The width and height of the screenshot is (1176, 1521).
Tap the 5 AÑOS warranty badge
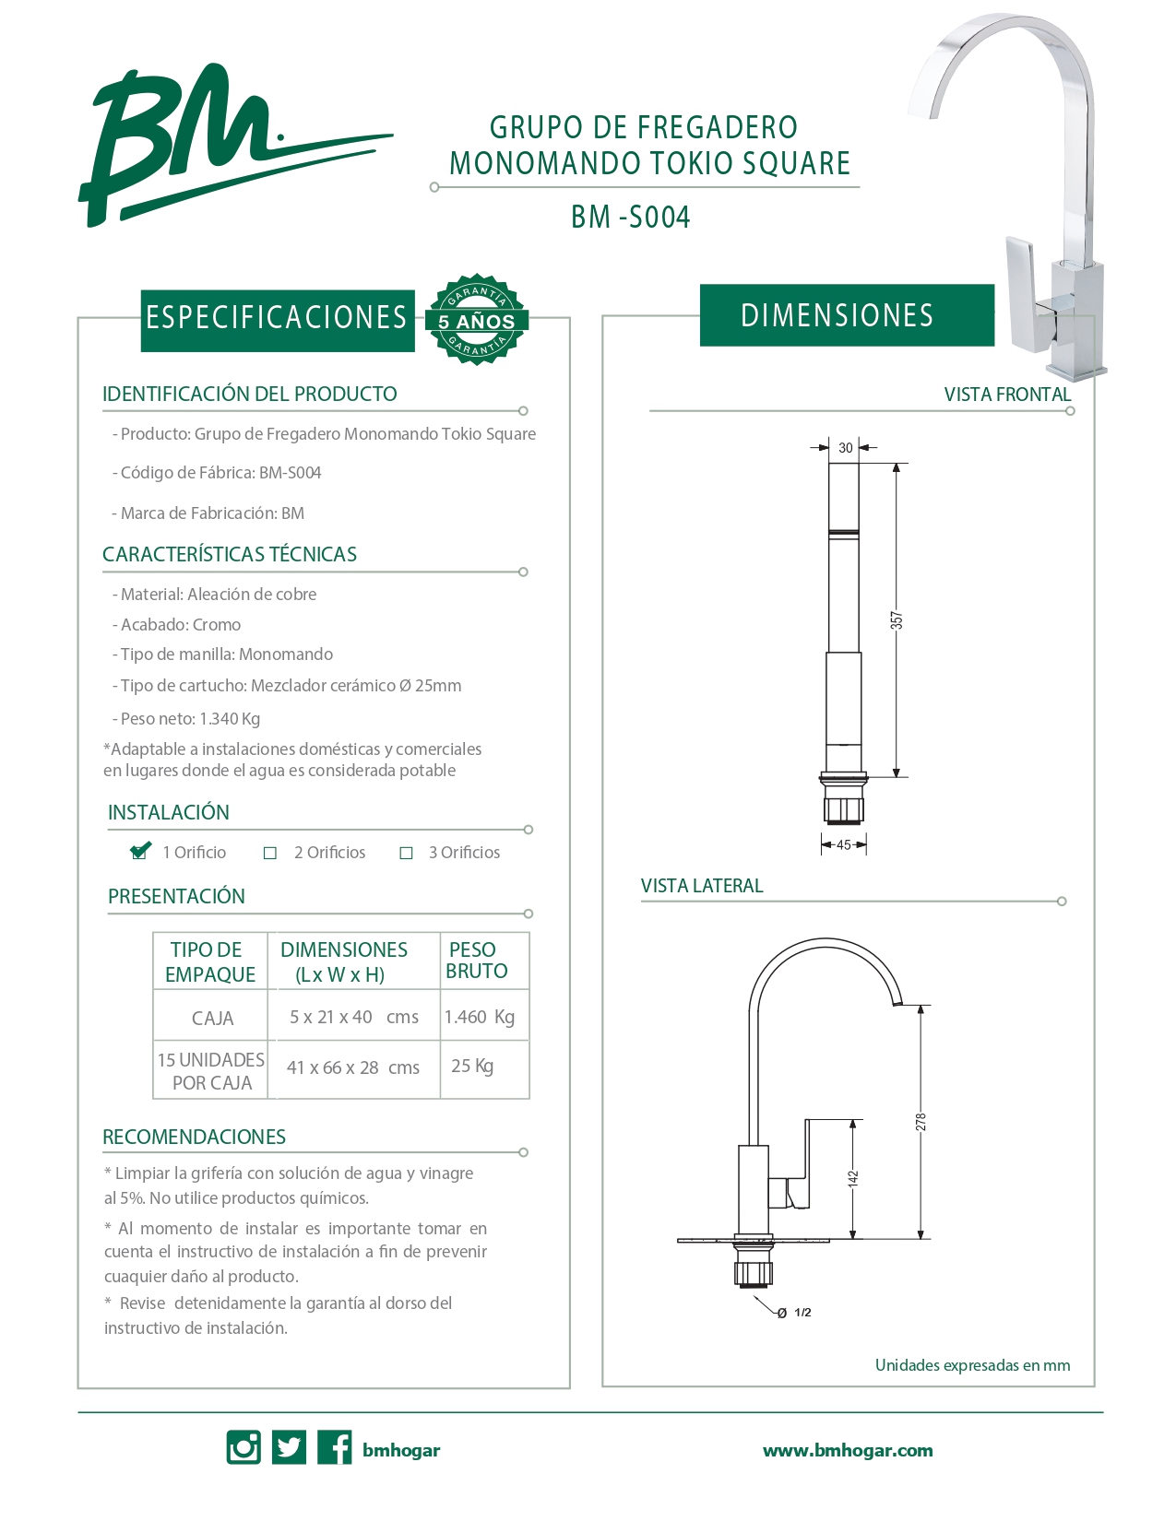pos(476,320)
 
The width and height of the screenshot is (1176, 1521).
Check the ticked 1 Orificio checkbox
pos(140,852)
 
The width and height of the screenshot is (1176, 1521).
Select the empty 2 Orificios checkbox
pos(270,854)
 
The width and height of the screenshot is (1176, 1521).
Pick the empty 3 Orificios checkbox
pos(406,854)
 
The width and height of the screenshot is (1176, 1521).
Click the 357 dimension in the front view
pos(897,620)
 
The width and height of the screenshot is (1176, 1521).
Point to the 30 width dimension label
pos(846,448)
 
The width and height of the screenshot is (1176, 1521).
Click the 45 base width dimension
pos(844,844)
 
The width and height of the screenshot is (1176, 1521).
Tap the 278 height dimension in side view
pos(921,1122)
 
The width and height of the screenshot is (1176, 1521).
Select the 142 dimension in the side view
pos(853,1178)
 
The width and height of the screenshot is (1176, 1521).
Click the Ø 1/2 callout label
pos(794,1313)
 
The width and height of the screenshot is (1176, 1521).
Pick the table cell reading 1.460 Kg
pos(480,1017)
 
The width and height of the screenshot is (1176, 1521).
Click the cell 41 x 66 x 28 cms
pos(353,1067)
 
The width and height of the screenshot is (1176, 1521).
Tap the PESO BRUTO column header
pos(476,961)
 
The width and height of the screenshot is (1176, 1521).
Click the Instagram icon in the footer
pos(244,1447)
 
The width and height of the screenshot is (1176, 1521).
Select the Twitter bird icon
pos(289,1447)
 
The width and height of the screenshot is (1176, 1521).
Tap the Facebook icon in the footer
pos(334,1447)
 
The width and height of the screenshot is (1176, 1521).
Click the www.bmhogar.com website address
pos(847,1450)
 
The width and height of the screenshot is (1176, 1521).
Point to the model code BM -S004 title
pos(631,218)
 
